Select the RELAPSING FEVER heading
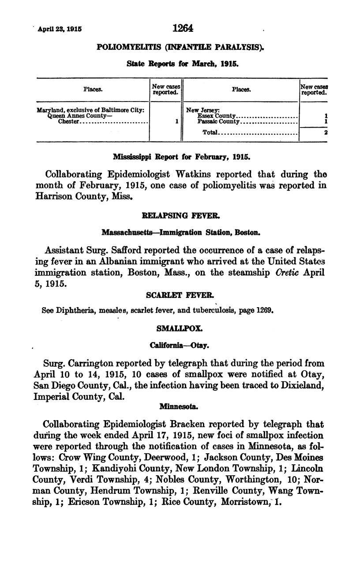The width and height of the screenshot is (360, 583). click(180, 216)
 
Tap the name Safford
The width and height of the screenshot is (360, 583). click(125, 248)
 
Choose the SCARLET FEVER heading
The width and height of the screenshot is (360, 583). click(180, 294)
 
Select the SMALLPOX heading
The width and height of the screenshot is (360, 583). click(180, 329)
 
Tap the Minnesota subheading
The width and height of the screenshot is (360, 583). click(180, 409)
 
